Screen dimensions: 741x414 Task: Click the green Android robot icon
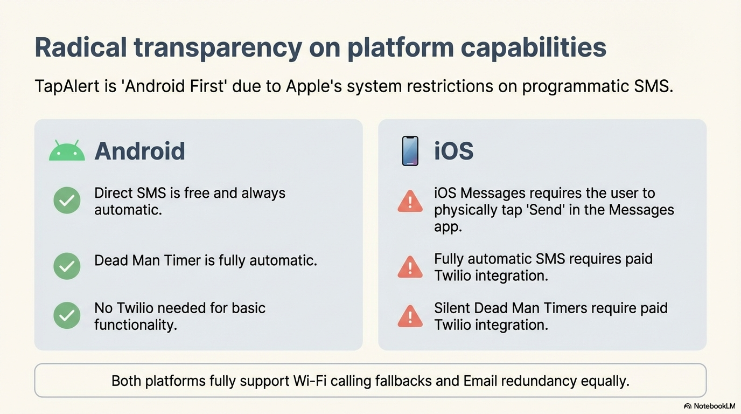[67, 151]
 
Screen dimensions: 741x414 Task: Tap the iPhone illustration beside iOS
[410, 151]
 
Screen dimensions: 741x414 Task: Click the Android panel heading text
[139, 151]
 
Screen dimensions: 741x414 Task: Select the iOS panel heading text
[453, 151]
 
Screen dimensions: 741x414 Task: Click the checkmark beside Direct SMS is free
[67, 201]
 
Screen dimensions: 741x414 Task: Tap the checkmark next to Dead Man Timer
[67, 266]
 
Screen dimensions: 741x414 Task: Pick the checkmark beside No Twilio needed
[67, 315]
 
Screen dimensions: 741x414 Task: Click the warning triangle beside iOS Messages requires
[410, 201]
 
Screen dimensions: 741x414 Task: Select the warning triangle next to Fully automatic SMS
[410, 267]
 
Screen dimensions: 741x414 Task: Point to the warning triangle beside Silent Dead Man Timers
[410, 316]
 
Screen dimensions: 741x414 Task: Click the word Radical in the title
[81, 47]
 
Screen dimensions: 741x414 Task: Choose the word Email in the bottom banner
[480, 381]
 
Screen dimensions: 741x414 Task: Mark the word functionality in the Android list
[136, 325]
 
